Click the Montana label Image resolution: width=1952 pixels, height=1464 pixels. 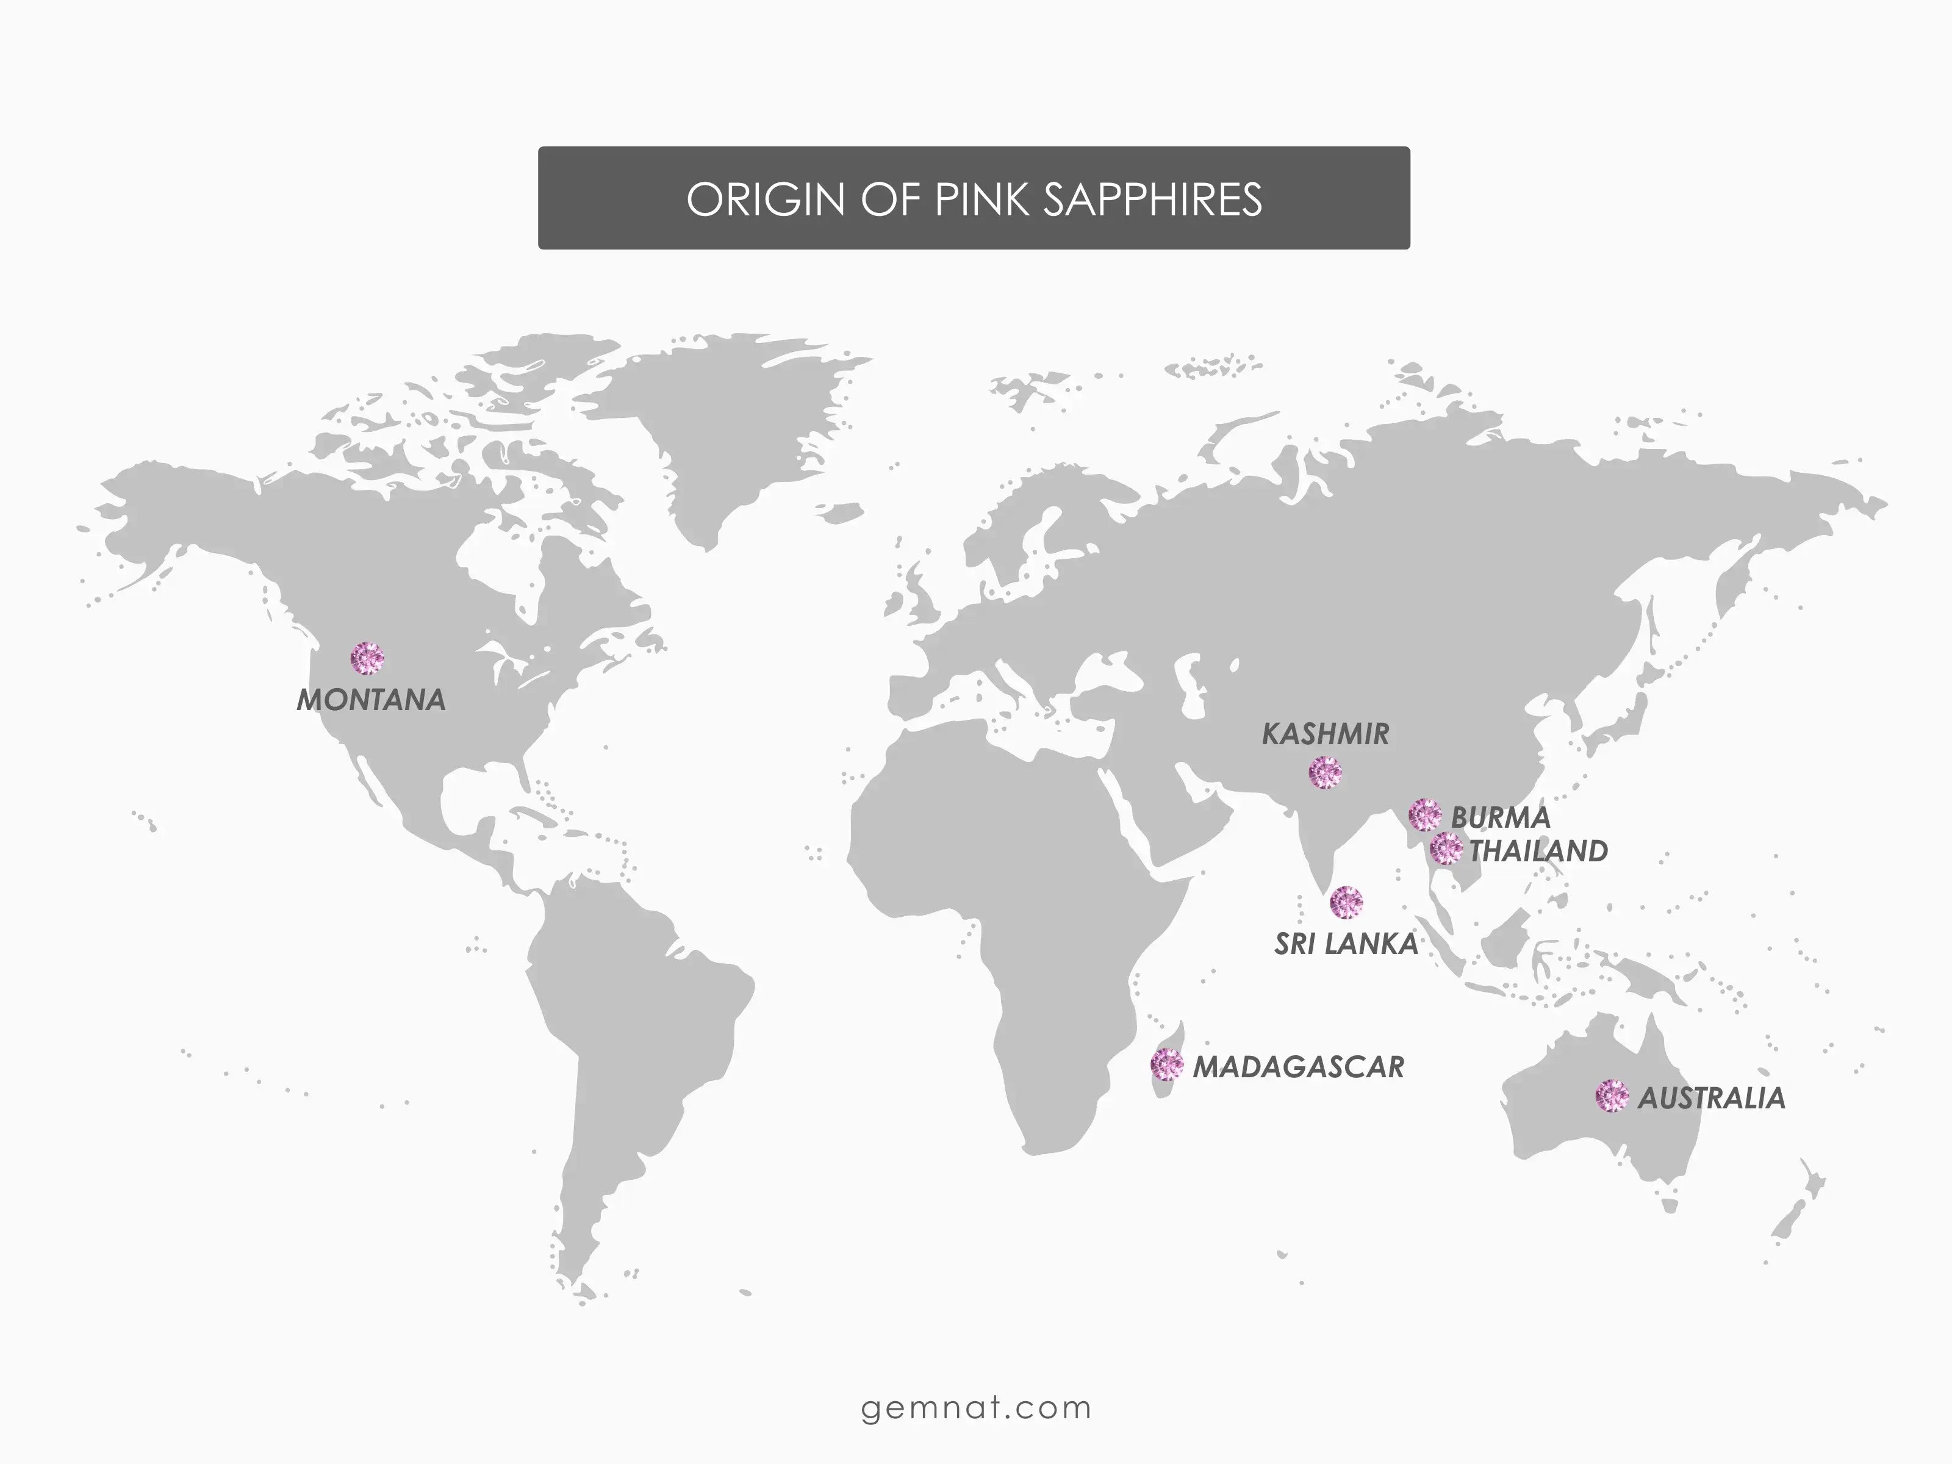point(371,700)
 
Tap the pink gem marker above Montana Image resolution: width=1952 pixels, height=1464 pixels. point(367,658)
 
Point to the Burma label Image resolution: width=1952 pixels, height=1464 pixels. point(1500,817)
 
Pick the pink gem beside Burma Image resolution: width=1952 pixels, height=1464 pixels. point(1425,814)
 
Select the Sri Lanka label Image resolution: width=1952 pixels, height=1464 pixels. point(1346,944)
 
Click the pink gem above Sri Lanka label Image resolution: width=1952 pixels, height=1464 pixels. point(1346,902)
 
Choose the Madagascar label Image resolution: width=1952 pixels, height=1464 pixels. point(1298,1067)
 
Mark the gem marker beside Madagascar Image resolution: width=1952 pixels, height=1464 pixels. point(1166,1065)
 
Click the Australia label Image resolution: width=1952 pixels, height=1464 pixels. point(1711,1099)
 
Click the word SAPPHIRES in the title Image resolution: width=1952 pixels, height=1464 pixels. point(1152,199)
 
